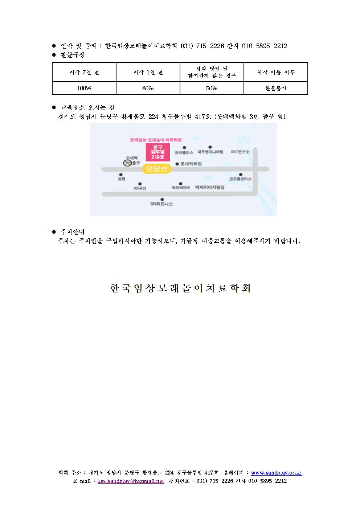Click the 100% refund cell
(84, 88)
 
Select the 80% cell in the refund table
(148, 88)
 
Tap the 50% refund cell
(212, 88)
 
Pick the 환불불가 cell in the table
(276, 88)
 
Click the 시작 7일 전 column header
(84, 72)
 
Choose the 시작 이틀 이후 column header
(276, 72)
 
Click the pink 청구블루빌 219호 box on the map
(158, 152)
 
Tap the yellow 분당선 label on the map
(156, 169)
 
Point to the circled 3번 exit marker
(127, 163)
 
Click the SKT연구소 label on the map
(240, 152)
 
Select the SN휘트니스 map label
(161, 204)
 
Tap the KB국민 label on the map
(140, 188)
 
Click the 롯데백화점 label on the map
(191, 164)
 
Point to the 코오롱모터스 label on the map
(240, 179)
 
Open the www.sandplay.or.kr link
(277, 473)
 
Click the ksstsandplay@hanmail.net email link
(131, 481)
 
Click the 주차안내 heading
(73, 232)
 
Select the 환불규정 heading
(73, 55)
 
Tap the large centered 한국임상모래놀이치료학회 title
(180, 288)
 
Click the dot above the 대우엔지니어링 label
(210, 147)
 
